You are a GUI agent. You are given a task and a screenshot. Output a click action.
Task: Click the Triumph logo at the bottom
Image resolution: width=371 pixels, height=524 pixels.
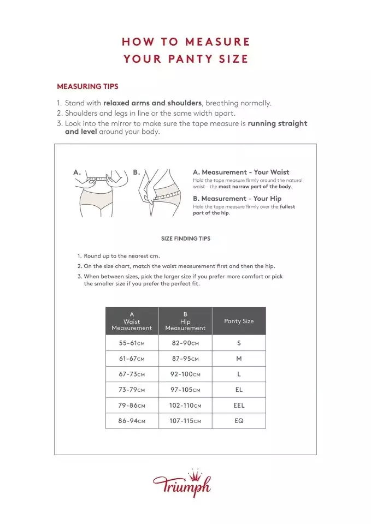pyautogui.click(x=182, y=485)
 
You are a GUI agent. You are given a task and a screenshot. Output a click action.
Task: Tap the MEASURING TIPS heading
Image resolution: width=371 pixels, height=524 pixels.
pyautogui.click(x=87, y=86)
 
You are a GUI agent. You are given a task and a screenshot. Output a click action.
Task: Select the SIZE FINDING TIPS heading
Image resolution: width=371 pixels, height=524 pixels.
pyautogui.click(x=185, y=239)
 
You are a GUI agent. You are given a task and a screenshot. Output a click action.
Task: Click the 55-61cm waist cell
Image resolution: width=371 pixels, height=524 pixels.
pyautogui.click(x=132, y=343)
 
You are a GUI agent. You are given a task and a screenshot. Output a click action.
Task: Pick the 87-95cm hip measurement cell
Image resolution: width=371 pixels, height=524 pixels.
pyautogui.click(x=185, y=359)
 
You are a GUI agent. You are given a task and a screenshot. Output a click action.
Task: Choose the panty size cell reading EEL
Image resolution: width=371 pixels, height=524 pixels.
pyautogui.click(x=239, y=406)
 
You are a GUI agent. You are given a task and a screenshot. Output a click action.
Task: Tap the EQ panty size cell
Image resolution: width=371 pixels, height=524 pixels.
pyautogui.click(x=239, y=421)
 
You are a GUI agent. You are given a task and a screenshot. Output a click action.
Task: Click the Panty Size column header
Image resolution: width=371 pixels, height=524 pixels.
pyautogui.click(x=239, y=321)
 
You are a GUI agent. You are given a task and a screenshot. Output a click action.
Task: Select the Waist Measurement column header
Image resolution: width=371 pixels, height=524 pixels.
pyautogui.click(x=132, y=321)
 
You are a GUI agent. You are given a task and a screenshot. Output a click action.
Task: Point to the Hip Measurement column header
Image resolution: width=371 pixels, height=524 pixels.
pyautogui.click(x=185, y=321)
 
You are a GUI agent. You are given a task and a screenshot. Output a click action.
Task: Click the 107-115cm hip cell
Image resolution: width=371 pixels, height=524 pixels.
pyautogui.click(x=185, y=421)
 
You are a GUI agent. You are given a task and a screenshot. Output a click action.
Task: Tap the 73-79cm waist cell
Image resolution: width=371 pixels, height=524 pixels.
pyautogui.click(x=132, y=390)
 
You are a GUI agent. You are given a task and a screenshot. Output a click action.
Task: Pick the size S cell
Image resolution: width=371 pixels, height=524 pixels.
pyautogui.click(x=239, y=343)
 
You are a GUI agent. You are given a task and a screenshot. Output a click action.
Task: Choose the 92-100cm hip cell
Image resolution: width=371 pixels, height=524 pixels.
pyautogui.click(x=185, y=374)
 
